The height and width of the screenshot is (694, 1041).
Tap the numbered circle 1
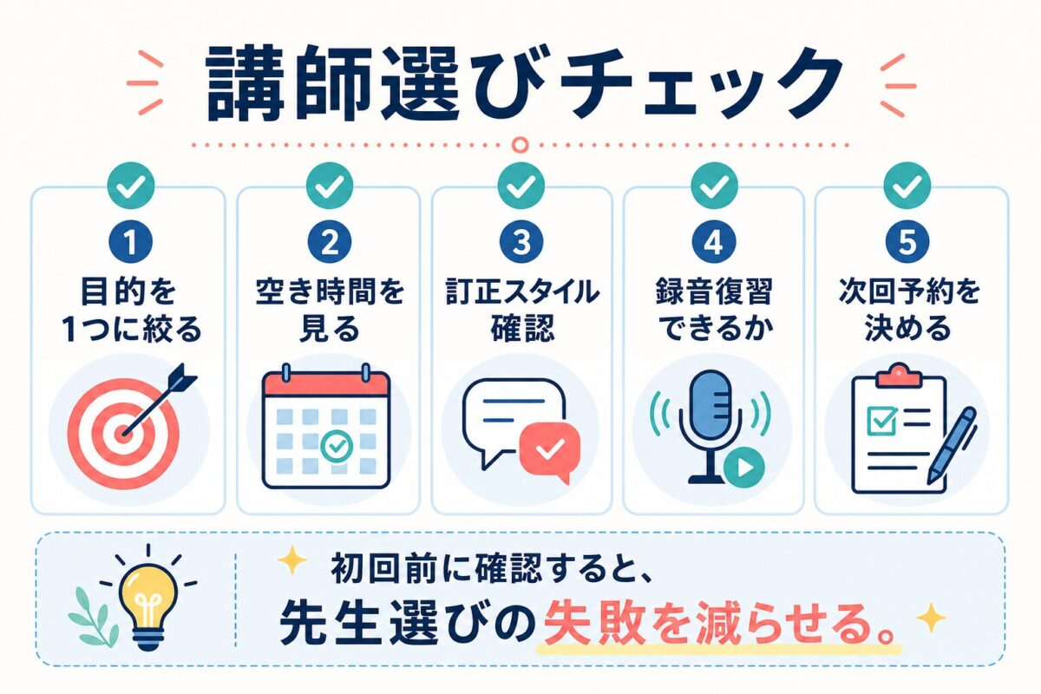pos(131,242)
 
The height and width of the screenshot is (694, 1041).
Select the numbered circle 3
pos(521,242)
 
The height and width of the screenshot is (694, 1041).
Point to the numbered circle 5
pos(907,242)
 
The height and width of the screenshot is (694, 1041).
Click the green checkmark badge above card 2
pos(330,186)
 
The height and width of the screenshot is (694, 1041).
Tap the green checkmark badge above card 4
pos(714,186)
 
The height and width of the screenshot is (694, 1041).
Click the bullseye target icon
pos(123,434)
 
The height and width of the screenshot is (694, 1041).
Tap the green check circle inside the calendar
pos(337,446)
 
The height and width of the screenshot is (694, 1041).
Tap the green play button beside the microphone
pos(744,468)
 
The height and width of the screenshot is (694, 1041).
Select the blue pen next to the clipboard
pos(953,445)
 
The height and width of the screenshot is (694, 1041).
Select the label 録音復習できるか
pos(714,311)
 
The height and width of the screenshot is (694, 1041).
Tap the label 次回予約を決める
pos(908,311)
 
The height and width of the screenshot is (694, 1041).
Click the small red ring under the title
pos(520,145)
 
